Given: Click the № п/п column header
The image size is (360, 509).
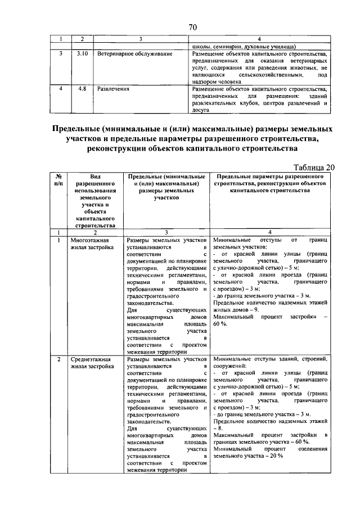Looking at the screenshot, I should click(x=58, y=179).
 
